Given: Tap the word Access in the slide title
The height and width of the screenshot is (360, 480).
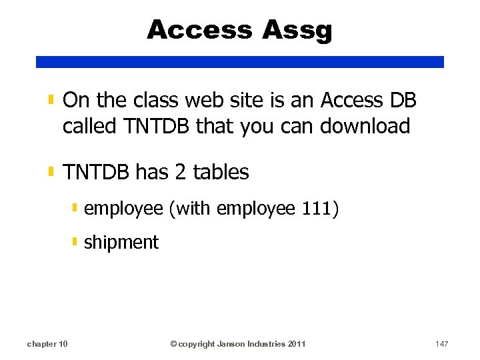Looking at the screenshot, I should [x=201, y=30].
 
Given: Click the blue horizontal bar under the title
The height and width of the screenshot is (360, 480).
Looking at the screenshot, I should [x=239, y=61].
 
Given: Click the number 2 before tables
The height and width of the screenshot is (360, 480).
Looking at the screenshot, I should [x=181, y=172].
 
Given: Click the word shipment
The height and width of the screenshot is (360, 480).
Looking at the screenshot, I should [x=121, y=242].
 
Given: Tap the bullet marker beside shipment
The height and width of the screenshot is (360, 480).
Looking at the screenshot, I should [x=75, y=241].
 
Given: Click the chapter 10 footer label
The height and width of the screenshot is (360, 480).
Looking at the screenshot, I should [x=47, y=344].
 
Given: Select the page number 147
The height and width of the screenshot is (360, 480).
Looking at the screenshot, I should [x=441, y=344].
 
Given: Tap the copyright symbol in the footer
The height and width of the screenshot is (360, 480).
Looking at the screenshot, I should [x=173, y=344].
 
